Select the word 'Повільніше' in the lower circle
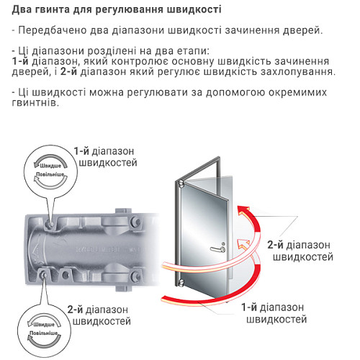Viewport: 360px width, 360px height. pos(44,333)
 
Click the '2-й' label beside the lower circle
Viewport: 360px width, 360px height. pos(77,310)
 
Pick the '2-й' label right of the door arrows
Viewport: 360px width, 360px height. pos(276,243)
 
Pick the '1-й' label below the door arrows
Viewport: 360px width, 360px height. pos(250,306)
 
